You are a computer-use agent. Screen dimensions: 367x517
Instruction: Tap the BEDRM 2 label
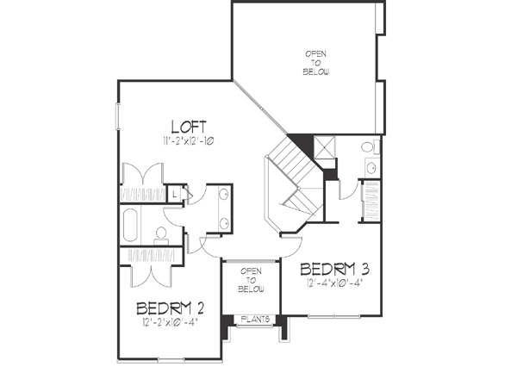pos(169,308)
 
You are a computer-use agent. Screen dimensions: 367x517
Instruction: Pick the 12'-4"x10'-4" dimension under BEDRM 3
pos(334,282)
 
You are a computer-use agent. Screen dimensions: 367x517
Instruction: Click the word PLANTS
pos(254,319)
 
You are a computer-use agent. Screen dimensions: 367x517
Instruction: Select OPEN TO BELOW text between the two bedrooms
pos(251,279)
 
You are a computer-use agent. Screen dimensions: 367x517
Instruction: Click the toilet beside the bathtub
pos(161,232)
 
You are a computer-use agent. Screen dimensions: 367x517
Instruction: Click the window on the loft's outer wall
pos(118,116)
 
